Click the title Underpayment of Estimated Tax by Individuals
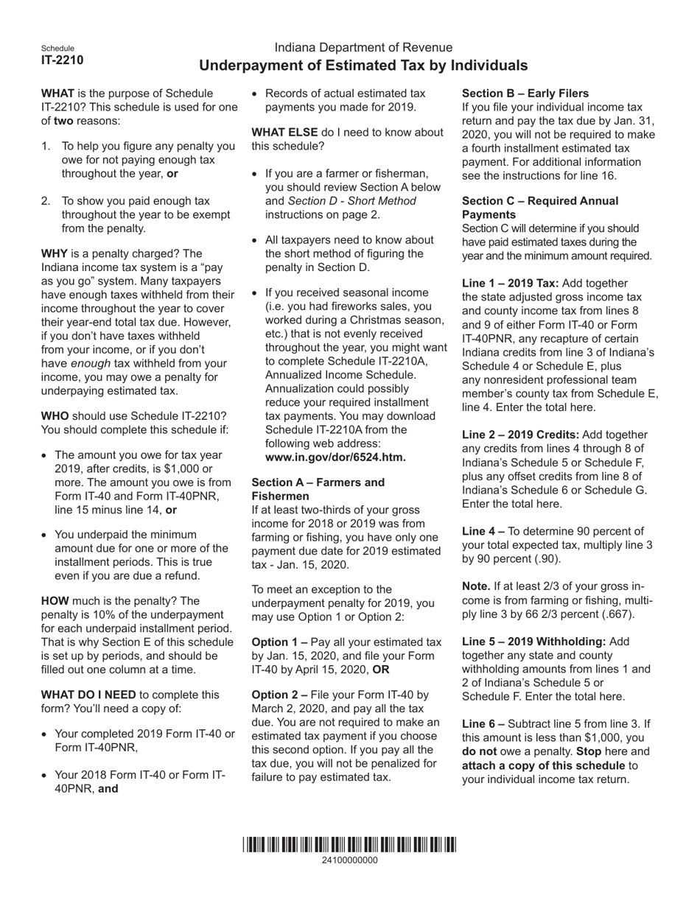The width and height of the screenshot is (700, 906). pos(363,66)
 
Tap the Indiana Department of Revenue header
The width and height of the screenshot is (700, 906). pos(363,47)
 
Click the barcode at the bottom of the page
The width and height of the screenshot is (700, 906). pos(349,845)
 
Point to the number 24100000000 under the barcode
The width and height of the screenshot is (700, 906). pos(349,860)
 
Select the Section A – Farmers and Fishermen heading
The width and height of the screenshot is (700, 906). pos(318,489)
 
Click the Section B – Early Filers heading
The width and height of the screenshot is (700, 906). pos(525,94)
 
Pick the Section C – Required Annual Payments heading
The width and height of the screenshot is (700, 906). pos(539,207)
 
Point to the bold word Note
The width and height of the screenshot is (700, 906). pos(476,586)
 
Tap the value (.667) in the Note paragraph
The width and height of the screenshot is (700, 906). pos(616,614)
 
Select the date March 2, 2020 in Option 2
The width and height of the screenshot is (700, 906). pos(284,709)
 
